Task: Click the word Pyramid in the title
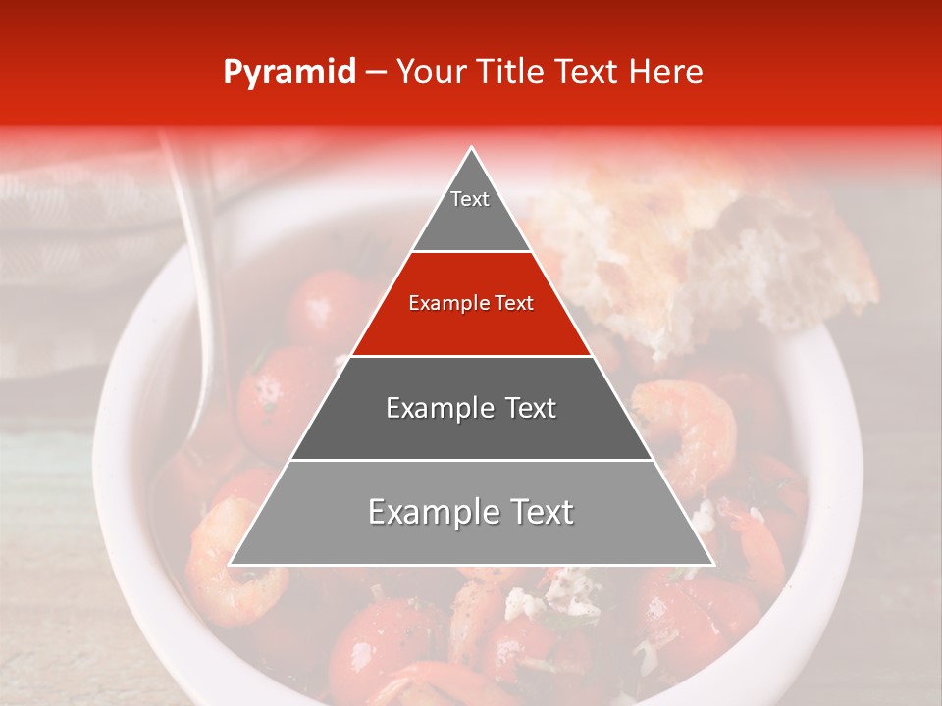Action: click(x=289, y=73)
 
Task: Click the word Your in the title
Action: click(x=431, y=72)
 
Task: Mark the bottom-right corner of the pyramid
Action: click(x=711, y=564)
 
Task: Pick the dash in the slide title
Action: click(x=375, y=73)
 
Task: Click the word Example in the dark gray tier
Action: click(x=433, y=408)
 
